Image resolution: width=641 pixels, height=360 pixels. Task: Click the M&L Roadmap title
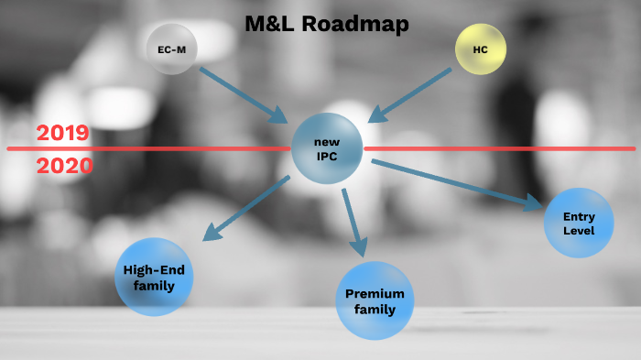[x=326, y=24]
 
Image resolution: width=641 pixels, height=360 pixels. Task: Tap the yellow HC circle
[x=481, y=49]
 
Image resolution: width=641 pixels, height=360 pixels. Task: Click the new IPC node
[x=327, y=148]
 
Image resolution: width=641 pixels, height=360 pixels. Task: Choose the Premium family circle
[x=375, y=300]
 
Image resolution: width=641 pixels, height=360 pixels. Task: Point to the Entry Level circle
[x=579, y=223]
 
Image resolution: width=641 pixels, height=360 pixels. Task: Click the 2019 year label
[x=63, y=133]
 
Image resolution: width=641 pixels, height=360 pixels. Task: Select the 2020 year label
[x=64, y=166]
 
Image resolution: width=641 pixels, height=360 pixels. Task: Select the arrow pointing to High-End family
[x=244, y=210]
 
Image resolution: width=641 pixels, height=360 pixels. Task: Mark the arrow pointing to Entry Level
[x=458, y=184]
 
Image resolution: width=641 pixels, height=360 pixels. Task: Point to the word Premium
[x=375, y=293]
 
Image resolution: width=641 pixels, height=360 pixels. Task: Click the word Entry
[x=579, y=215]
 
